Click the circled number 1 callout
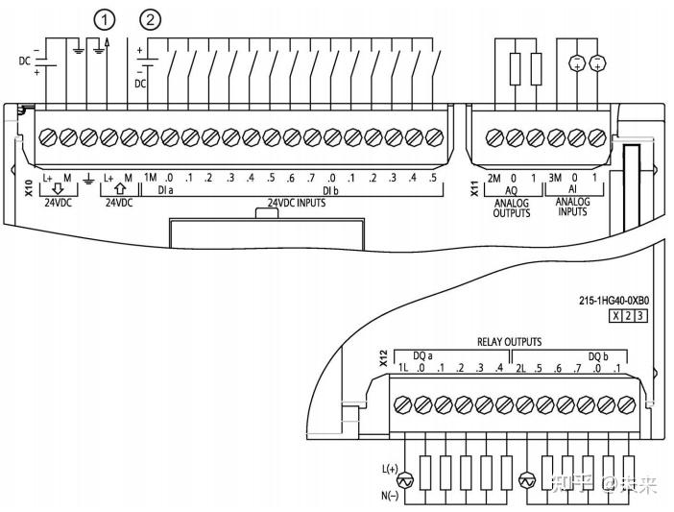(x=102, y=18)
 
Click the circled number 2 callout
(x=151, y=18)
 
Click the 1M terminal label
(x=150, y=178)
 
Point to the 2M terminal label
(x=493, y=178)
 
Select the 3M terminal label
(x=555, y=178)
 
